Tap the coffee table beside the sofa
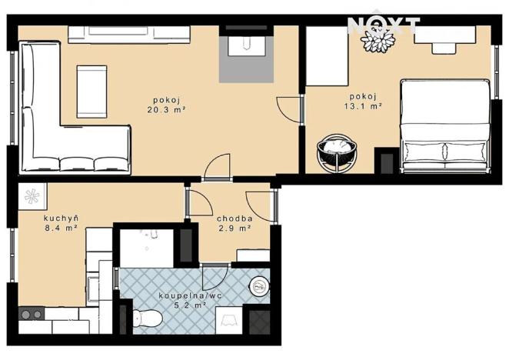click(x=92, y=91)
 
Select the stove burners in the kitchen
click(x=31, y=314)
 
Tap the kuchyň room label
click(x=60, y=217)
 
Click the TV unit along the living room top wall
click(x=128, y=35)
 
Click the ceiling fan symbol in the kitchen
click(x=32, y=196)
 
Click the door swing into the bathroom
click(x=211, y=277)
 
